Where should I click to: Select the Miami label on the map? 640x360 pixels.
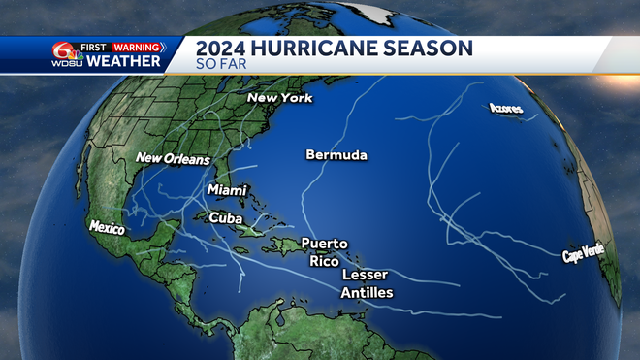227,190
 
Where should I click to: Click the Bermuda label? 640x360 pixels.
336,154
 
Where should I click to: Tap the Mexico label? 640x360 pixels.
108,226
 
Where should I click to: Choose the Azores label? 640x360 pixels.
506,109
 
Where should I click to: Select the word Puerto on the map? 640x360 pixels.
324,244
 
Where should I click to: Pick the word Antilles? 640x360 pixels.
367,292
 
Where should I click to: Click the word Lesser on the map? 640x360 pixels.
365,275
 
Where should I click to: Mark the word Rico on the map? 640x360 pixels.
322,260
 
